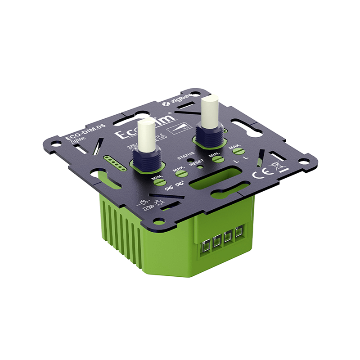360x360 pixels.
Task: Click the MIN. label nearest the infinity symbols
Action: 157,178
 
